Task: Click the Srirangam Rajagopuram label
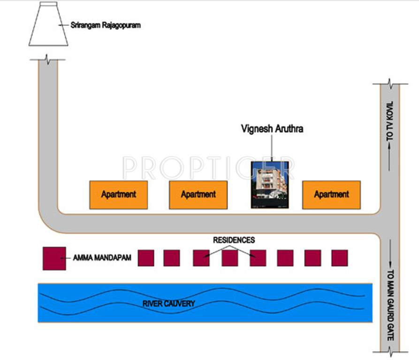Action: click(x=105, y=25)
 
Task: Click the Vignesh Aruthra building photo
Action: click(x=269, y=185)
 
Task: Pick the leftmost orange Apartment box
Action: click(x=119, y=195)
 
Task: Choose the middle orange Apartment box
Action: click(x=198, y=195)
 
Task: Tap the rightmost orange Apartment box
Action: click(x=331, y=195)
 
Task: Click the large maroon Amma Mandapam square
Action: click(x=54, y=258)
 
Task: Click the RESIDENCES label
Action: click(x=234, y=240)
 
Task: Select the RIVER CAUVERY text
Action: click(x=168, y=304)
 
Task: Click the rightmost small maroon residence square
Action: click(x=339, y=258)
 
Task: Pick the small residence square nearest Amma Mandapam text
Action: click(x=146, y=258)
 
